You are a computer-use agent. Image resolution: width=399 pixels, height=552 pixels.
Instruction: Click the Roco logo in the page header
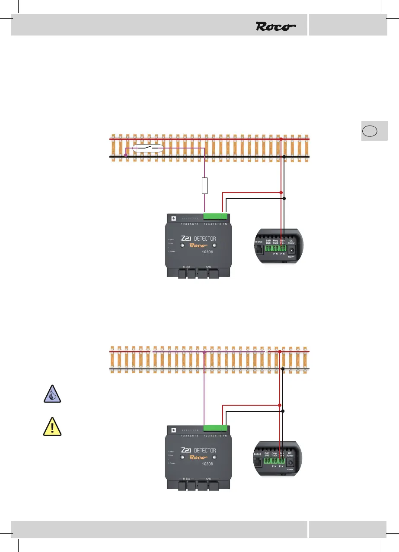[x=276, y=26]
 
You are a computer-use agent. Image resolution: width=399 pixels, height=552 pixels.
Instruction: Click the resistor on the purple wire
[x=205, y=185]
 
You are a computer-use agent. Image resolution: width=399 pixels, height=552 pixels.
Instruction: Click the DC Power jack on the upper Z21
[x=291, y=250]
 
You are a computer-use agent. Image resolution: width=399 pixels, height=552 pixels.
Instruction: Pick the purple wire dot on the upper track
[x=126, y=155]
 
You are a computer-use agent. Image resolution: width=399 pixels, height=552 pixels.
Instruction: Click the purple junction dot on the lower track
[x=204, y=352]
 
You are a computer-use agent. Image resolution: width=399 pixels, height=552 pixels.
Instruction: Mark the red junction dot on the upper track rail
[x=281, y=139]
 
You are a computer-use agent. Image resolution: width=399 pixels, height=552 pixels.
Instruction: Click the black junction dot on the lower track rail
[x=283, y=368]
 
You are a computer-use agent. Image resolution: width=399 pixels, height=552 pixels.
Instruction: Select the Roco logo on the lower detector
[x=198, y=458]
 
